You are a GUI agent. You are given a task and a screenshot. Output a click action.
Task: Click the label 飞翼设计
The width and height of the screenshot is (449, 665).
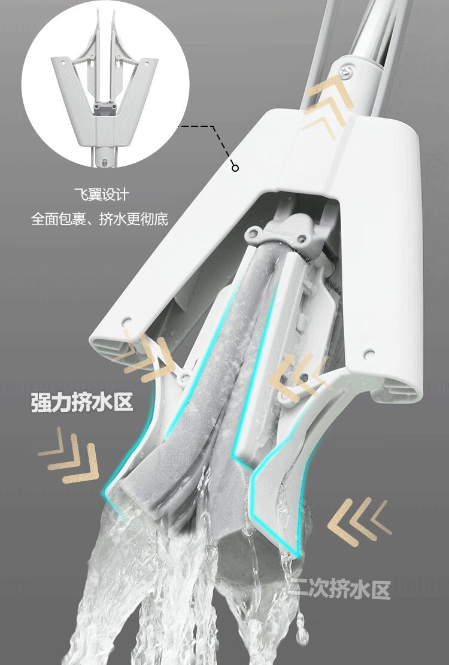106,195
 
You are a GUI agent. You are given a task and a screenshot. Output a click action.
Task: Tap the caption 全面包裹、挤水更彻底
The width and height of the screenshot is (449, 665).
100,219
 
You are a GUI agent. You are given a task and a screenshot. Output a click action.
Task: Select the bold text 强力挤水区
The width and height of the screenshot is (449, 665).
82,402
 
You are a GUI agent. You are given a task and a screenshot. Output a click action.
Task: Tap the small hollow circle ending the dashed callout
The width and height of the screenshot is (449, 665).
235,168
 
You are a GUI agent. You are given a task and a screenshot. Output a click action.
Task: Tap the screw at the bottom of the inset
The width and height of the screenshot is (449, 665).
106,161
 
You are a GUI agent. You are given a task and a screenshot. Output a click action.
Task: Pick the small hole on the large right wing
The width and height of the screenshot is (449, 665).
369,354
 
